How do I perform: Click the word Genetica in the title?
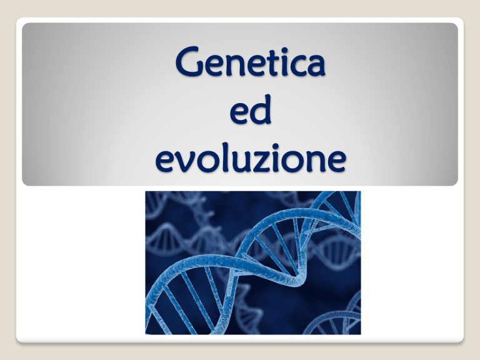250,61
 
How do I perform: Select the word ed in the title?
251,109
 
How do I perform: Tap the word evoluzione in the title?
251,157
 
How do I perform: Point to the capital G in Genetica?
189,61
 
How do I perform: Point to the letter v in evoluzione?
186,162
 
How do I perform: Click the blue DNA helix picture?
253,262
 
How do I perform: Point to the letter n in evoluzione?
315,161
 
